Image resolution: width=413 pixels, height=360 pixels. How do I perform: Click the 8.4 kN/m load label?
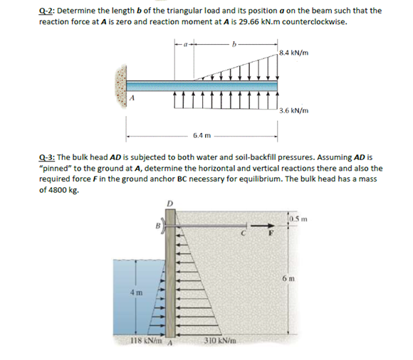coord(294,53)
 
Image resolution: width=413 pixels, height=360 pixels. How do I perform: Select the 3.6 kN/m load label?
coord(294,111)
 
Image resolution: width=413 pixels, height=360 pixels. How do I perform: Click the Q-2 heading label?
coord(47,11)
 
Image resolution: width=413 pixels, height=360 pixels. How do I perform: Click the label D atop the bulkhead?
coord(169,205)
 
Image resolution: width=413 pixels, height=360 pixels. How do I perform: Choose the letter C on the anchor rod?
coord(244,231)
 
